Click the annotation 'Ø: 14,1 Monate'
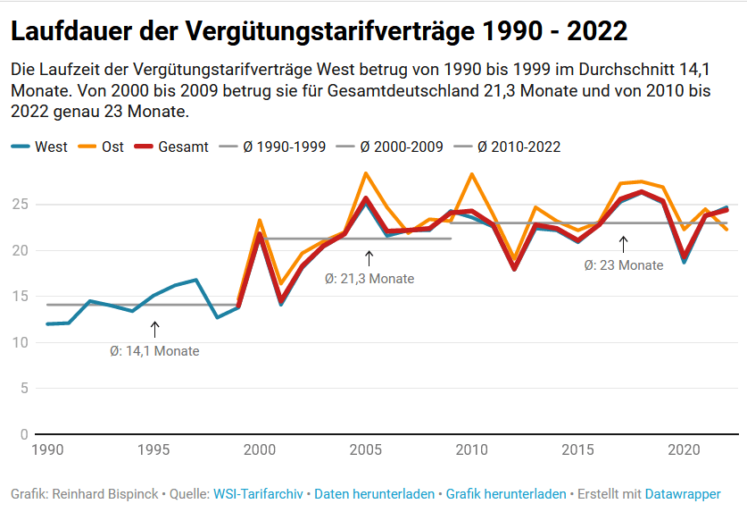(x=154, y=351)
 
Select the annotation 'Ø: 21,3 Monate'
(x=369, y=279)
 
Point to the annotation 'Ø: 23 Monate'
(x=624, y=265)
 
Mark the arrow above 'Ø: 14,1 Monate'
(x=154, y=329)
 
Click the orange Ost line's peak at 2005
(x=366, y=173)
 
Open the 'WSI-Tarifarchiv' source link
(x=260, y=493)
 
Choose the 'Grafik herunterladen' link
(x=506, y=493)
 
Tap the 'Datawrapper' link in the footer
(x=683, y=493)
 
